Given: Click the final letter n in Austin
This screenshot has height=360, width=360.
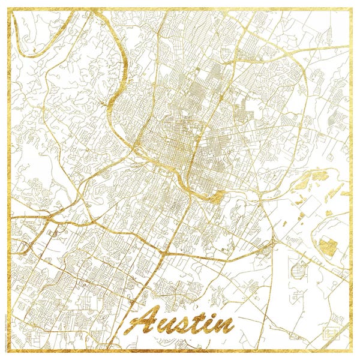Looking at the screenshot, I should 223,326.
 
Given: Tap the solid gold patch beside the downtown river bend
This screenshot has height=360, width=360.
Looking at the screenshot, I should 218,195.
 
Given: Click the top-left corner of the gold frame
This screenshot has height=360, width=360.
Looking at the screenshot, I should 10,10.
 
